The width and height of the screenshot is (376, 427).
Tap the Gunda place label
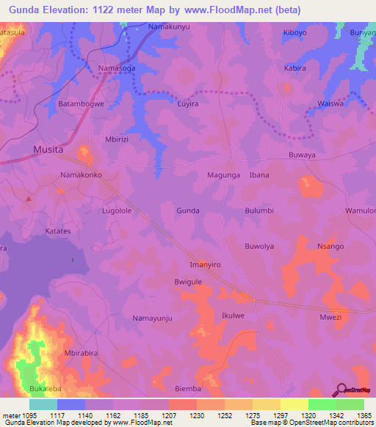pyautogui.click(x=188, y=211)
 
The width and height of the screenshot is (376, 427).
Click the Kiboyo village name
pyautogui.click(x=295, y=33)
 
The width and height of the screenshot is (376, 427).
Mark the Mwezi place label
pyautogui.click(x=330, y=318)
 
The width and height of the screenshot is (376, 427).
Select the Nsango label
pyautogui.click(x=330, y=247)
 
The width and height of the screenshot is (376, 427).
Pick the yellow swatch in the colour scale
pyautogui.click(x=294, y=404)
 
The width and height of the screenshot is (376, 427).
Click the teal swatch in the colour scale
pyautogui.click(x=43, y=404)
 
